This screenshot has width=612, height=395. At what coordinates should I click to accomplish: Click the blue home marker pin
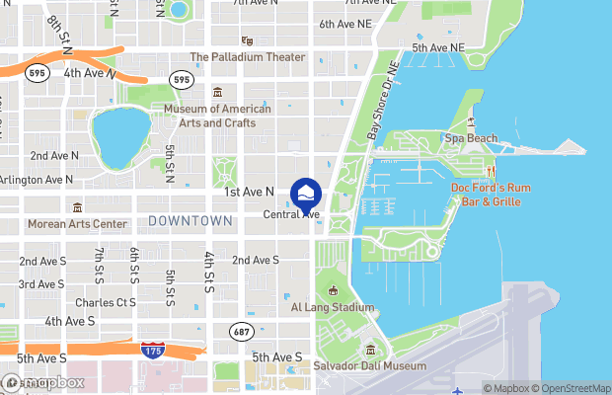point(306,193)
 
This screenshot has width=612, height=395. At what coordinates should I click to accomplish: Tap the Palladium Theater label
point(247,57)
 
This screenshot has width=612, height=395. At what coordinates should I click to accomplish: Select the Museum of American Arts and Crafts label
point(217,116)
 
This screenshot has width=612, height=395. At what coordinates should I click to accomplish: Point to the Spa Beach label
point(471,138)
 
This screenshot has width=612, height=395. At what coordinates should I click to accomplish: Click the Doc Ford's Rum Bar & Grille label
point(498,195)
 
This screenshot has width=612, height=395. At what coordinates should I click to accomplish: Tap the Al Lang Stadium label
point(333,307)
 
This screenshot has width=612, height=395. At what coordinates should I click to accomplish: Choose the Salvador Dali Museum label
point(370,365)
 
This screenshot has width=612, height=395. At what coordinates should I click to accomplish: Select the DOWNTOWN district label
point(191,221)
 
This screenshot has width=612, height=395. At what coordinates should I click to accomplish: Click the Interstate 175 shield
point(152,351)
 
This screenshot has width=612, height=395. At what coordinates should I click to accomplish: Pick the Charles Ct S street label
point(105,302)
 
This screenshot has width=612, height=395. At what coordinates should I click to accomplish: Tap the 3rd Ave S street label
point(41,284)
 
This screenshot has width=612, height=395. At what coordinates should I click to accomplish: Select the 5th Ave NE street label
point(437,47)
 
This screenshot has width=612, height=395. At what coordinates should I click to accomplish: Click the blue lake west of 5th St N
point(115,137)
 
